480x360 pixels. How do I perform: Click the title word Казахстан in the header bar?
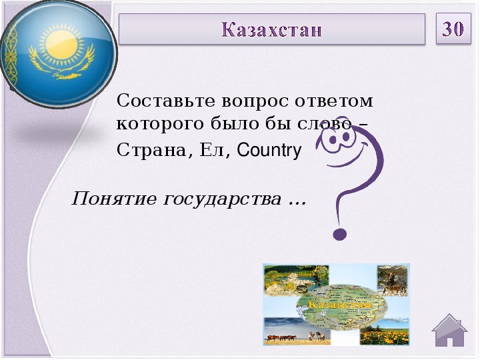[x=271, y=30]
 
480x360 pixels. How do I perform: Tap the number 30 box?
[x=453, y=29]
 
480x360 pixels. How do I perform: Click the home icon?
[x=449, y=330]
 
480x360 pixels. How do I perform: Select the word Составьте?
[x=165, y=101]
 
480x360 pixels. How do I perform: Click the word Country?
[x=269, y=150]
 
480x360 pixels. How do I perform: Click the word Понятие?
[x=114, y=199]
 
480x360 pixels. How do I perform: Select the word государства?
[x=222, y=199]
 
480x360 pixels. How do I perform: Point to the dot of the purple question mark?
[x=339, y=235]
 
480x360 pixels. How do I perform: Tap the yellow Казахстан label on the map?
[x=340, y=305]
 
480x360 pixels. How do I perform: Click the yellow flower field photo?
[x=385, y=335]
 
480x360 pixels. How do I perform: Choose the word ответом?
[x=334, y=101]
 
